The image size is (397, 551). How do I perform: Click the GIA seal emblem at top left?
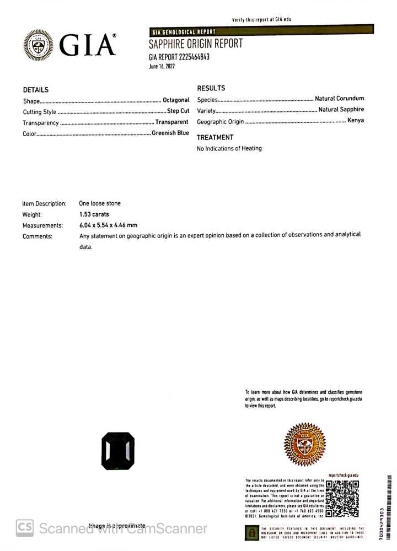tap(39, 45)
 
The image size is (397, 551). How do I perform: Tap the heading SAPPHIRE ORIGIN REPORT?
tap(195, 44)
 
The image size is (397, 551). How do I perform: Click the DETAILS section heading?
tap(36, 90)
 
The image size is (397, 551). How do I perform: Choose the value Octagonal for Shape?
tap(176, 100)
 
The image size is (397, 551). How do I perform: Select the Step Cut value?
tap(178, 111)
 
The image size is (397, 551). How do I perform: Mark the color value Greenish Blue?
tap(170, 133)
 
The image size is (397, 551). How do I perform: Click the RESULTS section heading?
tap(211, 88)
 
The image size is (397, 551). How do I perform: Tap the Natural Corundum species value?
tap(339, 99)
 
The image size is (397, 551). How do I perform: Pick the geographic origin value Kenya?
tap(356, 120)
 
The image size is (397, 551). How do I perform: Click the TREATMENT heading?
tap(215, 137)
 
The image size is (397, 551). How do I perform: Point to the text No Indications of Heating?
tap(229, 148)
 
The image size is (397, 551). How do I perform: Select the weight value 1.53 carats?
tap(94, 214)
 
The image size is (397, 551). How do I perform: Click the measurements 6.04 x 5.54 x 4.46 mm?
tap(108, 225)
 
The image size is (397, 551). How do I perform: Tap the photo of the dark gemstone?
tap(118, 451)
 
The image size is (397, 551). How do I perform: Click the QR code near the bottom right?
tap(342, 499)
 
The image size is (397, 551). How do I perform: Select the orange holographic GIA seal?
tap(304, 444)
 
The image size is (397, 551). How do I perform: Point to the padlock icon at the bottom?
tap(251, 533)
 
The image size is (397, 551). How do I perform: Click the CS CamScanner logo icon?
tap(24, 528)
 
